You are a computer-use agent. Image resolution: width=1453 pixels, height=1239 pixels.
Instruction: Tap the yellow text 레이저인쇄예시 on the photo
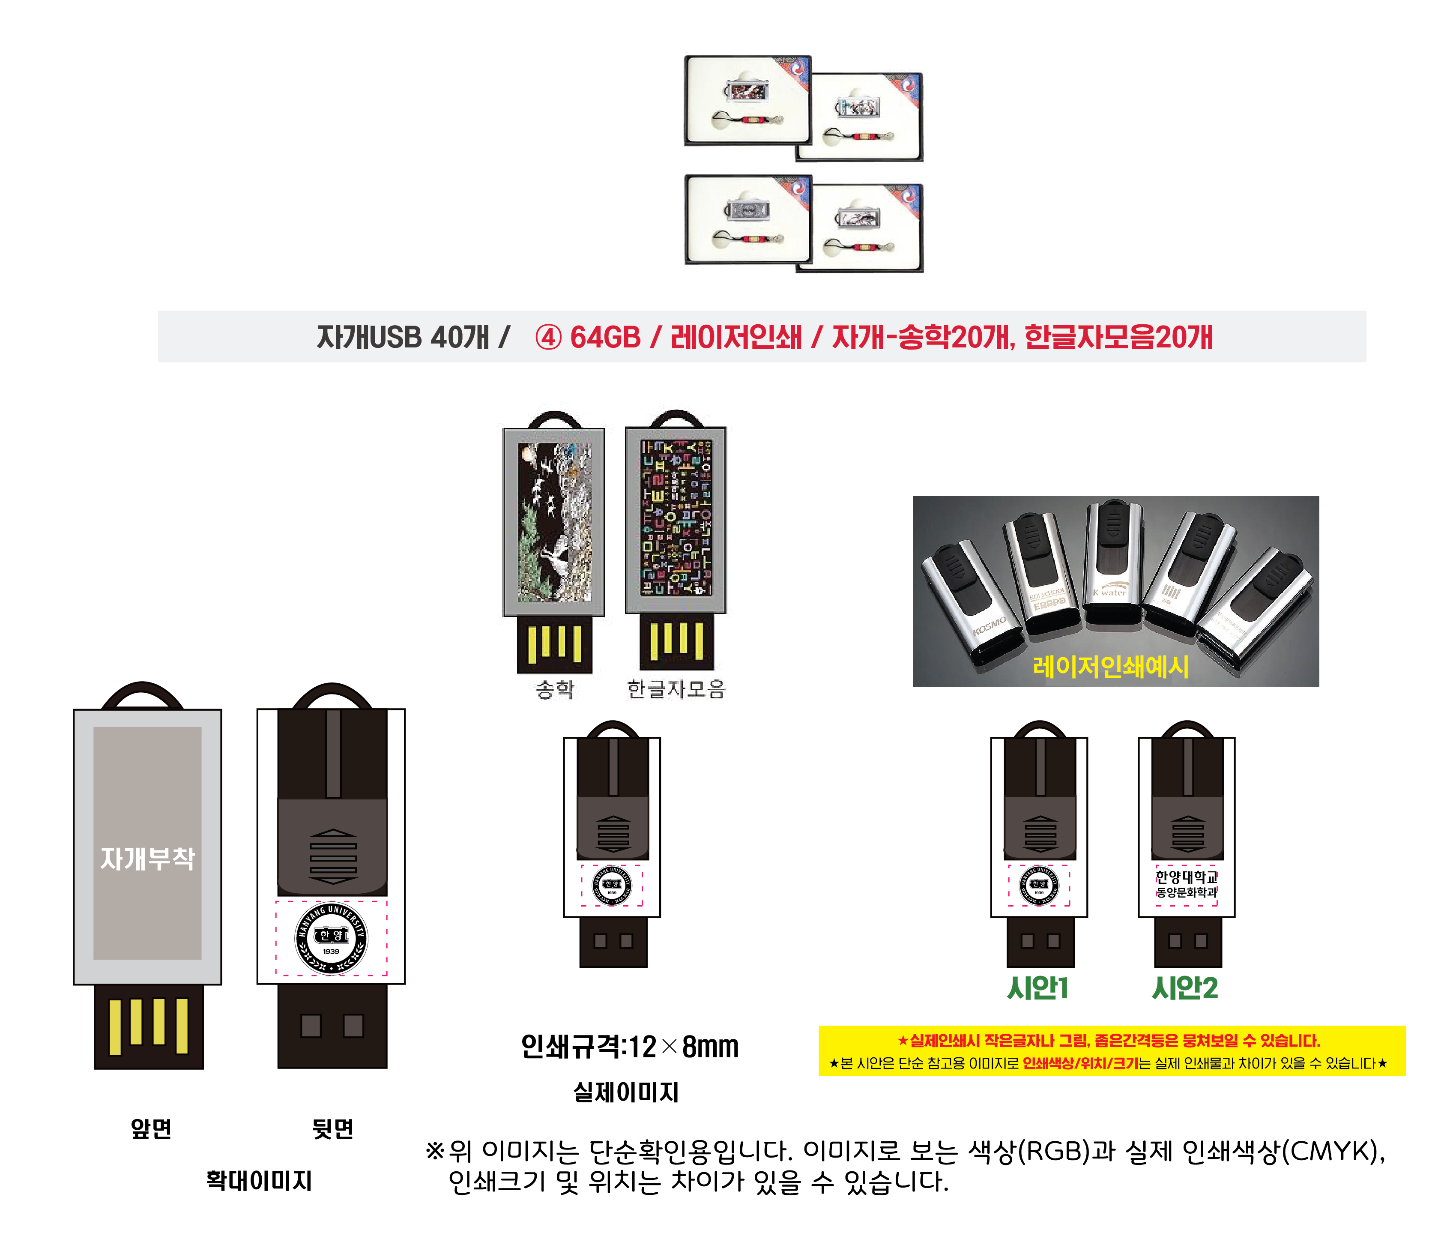click(1110, 666)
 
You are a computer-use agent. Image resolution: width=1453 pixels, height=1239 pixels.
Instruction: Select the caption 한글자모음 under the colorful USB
click(675, 689)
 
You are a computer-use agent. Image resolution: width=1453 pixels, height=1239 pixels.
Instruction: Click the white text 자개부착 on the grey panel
click(147, 858)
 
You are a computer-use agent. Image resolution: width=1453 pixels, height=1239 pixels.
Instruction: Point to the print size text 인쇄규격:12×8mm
click(629, 1047)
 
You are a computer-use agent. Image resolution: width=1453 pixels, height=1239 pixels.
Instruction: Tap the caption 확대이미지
click(259, 1181)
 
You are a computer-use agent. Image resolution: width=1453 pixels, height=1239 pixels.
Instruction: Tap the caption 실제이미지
click(625, 1092)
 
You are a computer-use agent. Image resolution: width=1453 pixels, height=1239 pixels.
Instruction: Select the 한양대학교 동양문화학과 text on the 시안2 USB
click(1187, 884)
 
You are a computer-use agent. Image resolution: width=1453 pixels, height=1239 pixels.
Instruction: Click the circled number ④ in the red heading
click(548, 337)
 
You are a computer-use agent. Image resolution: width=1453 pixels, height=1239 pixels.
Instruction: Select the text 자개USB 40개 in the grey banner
click(402, 337)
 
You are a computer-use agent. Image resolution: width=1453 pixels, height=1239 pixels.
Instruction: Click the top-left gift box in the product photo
click(747, 100)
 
